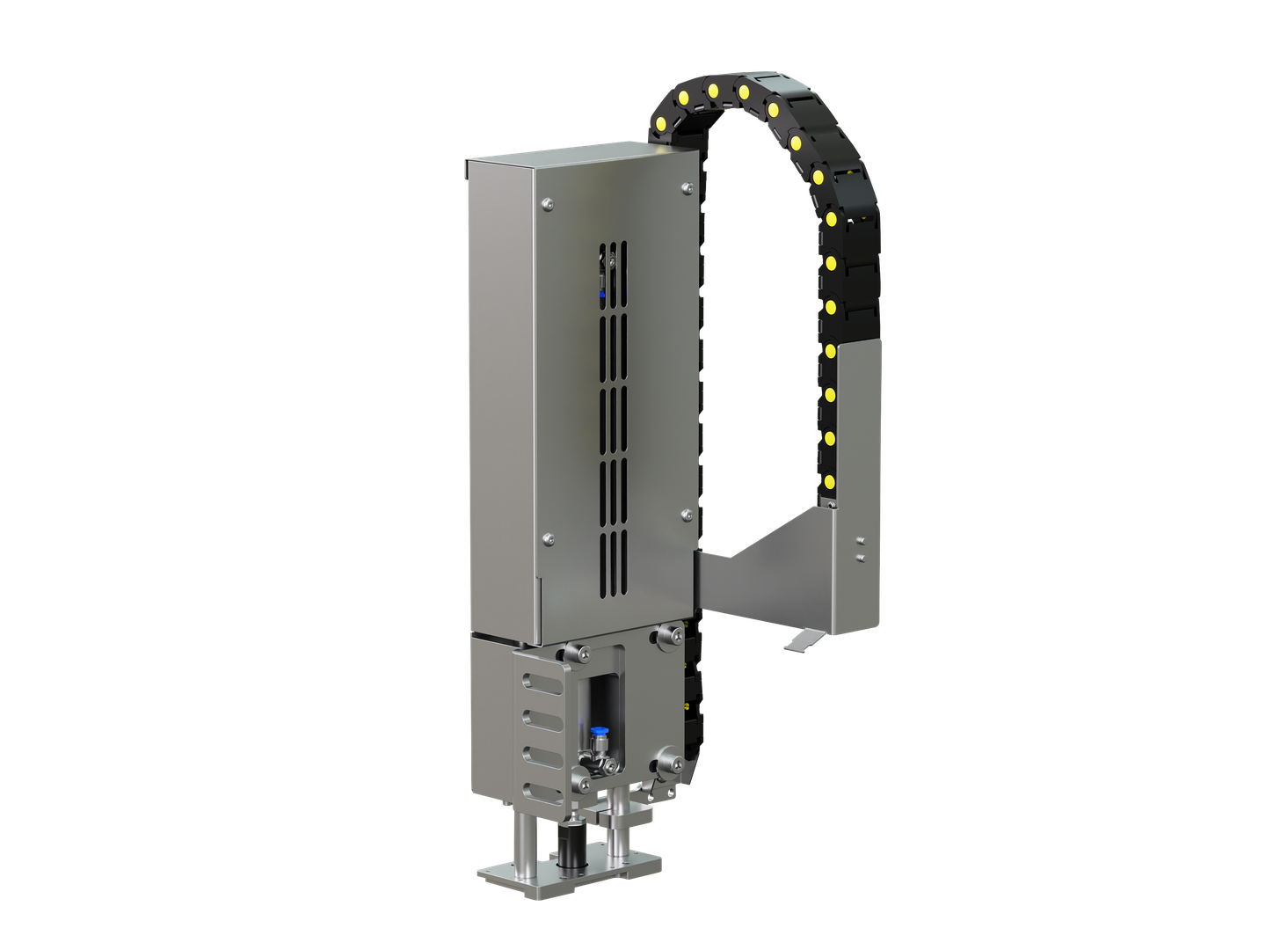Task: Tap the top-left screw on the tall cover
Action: click(547, 205)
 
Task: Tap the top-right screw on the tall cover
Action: click(686, 186)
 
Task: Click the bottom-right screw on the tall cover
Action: click(686, 513)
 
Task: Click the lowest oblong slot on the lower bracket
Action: click(542, 792)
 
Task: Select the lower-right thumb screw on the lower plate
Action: click(670, 761)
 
